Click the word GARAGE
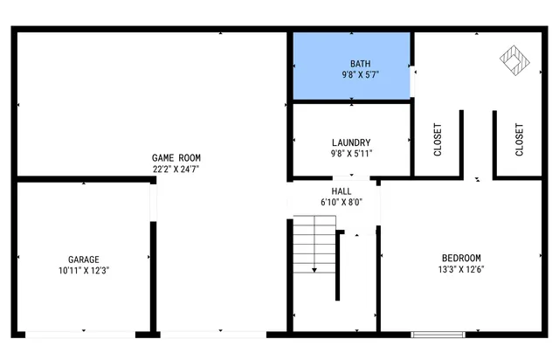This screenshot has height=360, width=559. click(84, 260)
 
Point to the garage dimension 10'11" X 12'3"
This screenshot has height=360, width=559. click(84, 271)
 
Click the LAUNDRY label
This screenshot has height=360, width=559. click(351, 142)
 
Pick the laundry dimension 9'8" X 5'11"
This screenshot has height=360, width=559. click(351, 154)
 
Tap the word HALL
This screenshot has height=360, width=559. click(342, 190)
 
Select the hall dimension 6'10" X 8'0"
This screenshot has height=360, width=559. click(342, 202)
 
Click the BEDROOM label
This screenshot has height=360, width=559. click(461, 258)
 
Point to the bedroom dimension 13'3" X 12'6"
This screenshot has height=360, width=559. click(461, 269)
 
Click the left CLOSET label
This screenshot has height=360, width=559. click(438, 140)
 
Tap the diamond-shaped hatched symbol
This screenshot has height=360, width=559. click(514, 59)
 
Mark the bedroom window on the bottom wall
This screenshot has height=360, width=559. click(438, 334)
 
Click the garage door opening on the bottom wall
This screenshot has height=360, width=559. click(84, 334)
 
